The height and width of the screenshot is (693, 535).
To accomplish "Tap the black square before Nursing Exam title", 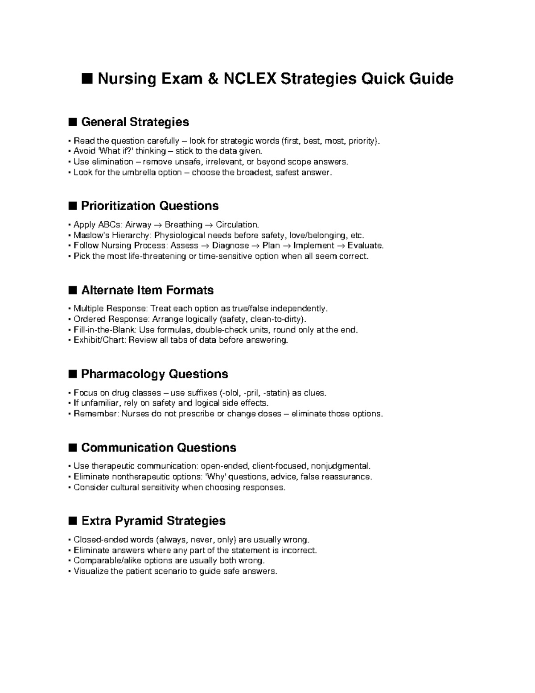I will [x=87, y=79].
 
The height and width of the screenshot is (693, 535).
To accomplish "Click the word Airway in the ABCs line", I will [x=138, y=224].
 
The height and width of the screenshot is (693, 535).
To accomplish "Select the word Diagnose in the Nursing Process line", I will [x=230, y=245].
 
